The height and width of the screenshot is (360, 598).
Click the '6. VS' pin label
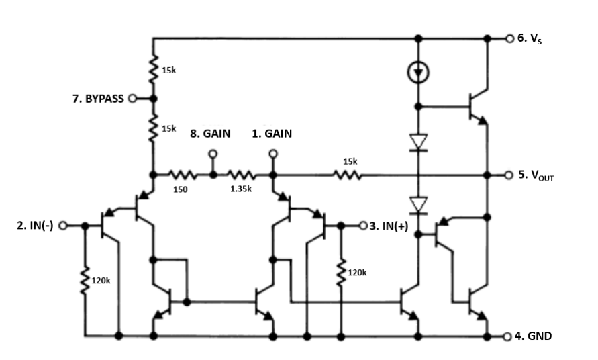(x=530, y=38)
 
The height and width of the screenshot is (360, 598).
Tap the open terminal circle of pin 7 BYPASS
(x=132, y=99)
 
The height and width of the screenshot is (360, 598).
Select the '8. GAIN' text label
(x=210, y=134)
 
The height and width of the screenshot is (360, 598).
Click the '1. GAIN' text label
(x=272, y=134)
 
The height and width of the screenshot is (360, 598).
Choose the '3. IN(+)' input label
(x=387, y=225)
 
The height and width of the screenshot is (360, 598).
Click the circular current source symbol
(x=418, y=71)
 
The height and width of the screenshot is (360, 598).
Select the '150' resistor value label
(x=180, y=189)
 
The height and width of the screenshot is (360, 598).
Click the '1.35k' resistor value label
(x=240, y=189)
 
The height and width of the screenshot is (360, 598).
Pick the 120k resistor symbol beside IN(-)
(x=85, y=282)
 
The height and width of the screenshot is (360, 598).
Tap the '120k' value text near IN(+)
(x=358, y=273)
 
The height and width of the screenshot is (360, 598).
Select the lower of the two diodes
(x=418, y=204)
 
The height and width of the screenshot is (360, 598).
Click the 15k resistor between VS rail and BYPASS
(x=153, y=69)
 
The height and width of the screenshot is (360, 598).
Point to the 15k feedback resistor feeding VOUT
(x=350, y=175)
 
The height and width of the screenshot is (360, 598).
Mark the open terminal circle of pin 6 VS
(x=509, y=38)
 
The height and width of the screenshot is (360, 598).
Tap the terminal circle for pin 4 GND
(x=508, y=336)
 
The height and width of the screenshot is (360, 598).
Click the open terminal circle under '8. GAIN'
(x=213, y=153)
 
